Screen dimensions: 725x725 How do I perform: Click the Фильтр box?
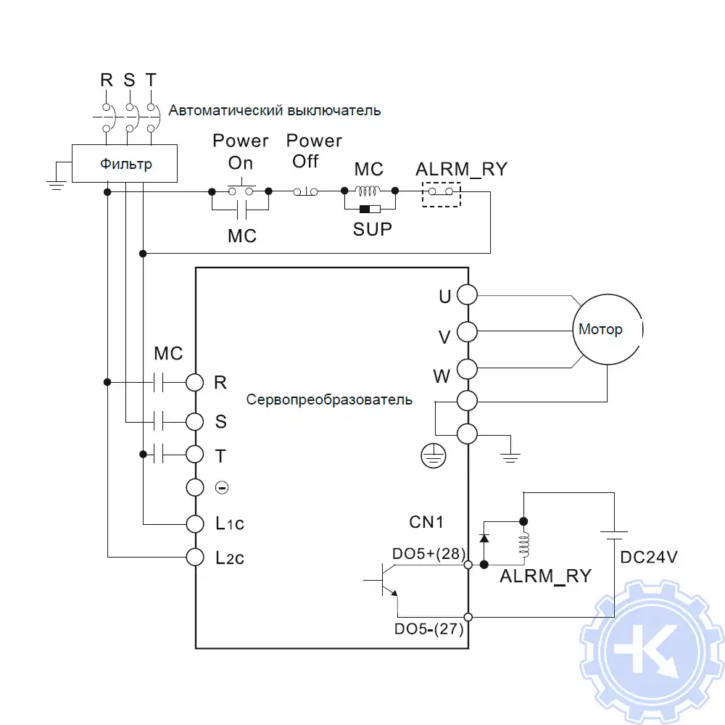point(125,163)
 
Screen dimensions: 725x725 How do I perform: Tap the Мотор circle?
point(606,329)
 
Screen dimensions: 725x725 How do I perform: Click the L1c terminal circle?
point(195,523)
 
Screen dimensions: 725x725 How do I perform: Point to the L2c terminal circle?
point(195,557)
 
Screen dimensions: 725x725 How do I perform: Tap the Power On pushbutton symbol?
point(240,191)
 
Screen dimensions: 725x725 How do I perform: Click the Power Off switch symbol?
point(305,191)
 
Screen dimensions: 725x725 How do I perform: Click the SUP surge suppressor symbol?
point(369,210)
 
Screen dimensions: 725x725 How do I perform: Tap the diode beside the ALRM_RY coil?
point(484,539)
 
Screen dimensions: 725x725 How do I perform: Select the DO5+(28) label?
point(427,553)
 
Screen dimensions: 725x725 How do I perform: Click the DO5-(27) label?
point(428,629)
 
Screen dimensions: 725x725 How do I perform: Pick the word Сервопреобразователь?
point(329,399)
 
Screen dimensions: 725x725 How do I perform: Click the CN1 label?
point(426,521)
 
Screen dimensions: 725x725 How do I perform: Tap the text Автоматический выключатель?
point(275,111)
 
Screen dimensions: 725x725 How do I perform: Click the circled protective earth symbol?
point(433,456)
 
